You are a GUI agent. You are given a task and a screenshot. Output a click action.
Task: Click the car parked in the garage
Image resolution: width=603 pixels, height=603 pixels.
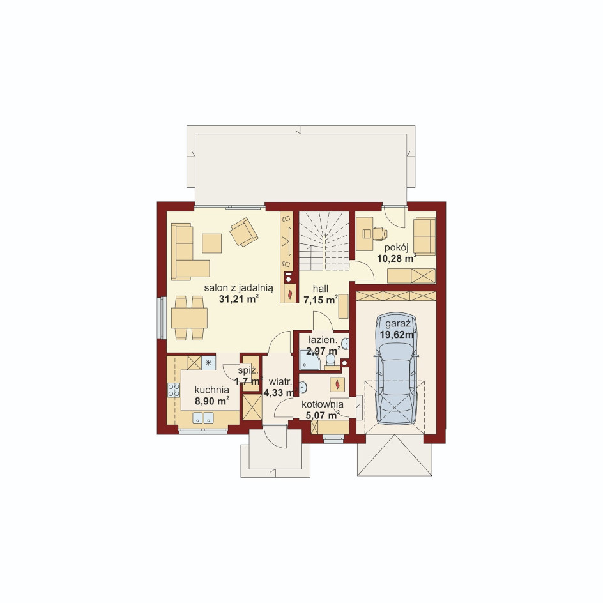coord(396,369)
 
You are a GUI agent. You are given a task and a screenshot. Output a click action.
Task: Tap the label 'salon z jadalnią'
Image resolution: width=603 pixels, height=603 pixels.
coord(239,288)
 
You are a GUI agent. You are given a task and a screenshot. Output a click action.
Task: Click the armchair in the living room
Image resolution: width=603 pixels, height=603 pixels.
coord(243,231)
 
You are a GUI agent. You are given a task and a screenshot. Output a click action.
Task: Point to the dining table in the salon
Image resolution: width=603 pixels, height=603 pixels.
coord(189,318)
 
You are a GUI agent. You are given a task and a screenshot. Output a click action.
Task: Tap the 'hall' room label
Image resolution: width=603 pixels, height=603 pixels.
coord(321,289)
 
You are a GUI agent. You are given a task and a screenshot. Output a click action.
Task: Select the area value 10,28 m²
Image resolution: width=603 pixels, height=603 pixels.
coord(397,259)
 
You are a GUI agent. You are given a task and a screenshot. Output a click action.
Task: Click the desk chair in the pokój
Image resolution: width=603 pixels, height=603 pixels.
coord(379,233)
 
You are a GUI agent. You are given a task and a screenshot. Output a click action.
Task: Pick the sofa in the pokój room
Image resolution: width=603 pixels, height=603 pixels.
coord(425,236)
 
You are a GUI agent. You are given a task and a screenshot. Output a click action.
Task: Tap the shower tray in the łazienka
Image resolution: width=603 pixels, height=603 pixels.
coord(310,361)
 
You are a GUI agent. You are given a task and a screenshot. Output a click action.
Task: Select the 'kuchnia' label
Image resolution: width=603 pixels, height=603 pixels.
coord(211,390)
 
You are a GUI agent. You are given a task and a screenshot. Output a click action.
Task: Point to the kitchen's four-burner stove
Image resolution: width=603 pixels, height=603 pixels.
coord(174,390)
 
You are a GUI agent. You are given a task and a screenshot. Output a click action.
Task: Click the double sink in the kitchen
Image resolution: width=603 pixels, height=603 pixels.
coord(203,417)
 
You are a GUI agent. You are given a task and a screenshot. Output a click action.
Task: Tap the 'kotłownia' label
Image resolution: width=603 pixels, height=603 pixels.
coord(323,404)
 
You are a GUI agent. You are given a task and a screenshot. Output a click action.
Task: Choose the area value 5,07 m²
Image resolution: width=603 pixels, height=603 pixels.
coord(323,415)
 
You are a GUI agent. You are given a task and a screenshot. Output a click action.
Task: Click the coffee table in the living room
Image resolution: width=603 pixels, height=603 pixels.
coord(212,243)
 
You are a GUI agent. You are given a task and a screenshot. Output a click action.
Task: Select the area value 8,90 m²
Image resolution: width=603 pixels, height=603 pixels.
coord(212,401)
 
